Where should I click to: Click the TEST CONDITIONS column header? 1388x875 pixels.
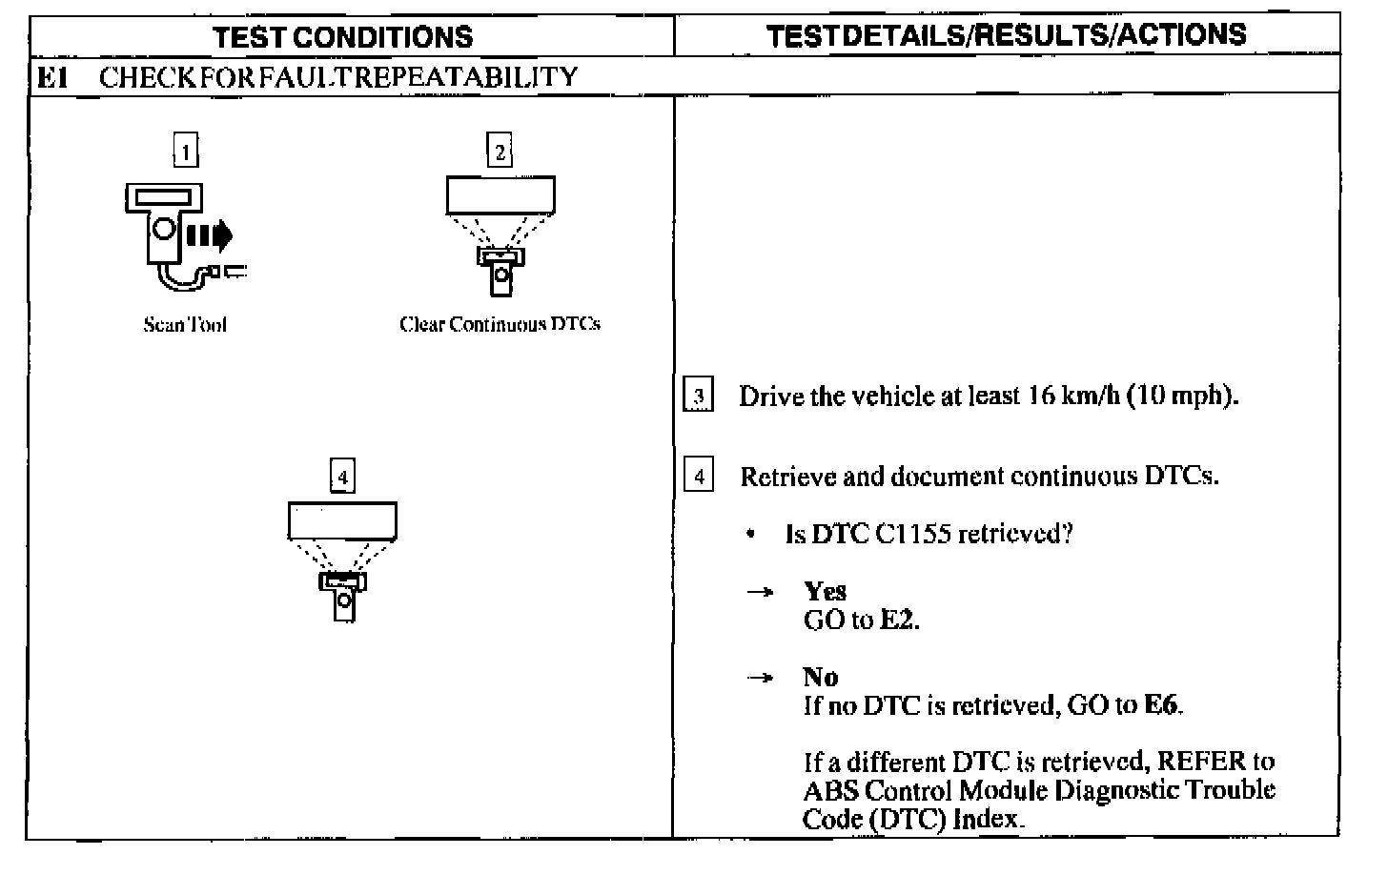[342, 37]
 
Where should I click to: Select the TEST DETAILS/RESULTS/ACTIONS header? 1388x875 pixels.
[1006, 35]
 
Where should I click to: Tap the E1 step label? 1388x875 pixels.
[52, 76]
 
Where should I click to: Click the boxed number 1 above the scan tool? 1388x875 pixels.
[186, 151]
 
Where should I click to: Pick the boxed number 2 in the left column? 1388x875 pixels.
[500, 151]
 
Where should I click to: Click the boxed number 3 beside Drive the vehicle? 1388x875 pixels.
[699, 396]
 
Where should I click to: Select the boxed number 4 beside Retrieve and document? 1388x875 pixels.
[699, 476]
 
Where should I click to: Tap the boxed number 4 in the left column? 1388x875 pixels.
[342, 476]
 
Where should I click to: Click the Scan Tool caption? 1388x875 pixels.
[185, 325]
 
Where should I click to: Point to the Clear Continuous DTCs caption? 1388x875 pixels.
[500, 324]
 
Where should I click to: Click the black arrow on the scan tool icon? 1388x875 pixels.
[208, 234]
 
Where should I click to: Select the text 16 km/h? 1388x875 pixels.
[1072, 396]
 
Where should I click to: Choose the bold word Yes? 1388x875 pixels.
[825, 591]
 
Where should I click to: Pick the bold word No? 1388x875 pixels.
[821, 677]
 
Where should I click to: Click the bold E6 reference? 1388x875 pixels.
[1162, 706]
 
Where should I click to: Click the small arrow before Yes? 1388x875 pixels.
[760, 593]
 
